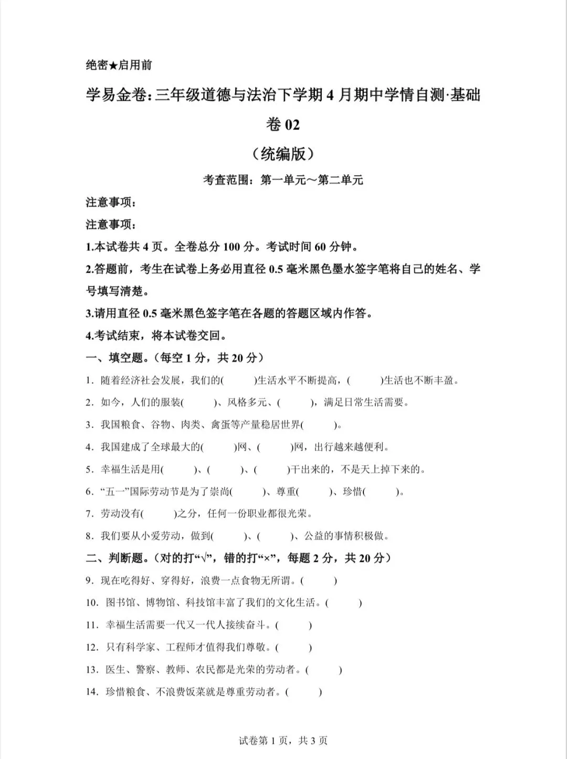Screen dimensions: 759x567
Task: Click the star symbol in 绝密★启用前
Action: pos(113,65)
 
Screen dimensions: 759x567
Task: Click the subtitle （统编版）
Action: pos(283,153)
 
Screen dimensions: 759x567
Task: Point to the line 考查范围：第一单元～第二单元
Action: pos(283,180)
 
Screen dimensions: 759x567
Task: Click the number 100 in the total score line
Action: pos(232,247)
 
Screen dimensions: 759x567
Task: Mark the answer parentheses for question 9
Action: pos(319,581)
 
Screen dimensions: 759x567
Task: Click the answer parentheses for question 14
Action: pos(304,692)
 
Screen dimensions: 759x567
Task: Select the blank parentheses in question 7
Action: pos(159,514)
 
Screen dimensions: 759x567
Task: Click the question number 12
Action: pos(92,647)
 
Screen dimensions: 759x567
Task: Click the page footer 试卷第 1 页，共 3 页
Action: pos(283,741)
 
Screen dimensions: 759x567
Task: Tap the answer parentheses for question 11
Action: pos(293,625)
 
